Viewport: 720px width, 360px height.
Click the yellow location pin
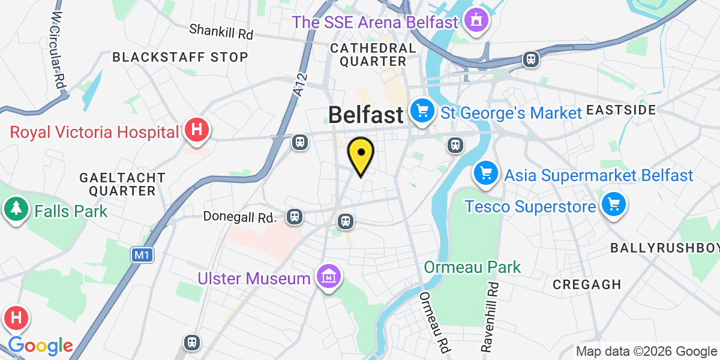coord(361,154)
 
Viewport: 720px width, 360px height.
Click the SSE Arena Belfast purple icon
coord(477,22)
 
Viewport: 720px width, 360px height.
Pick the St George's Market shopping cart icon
coord(422,112)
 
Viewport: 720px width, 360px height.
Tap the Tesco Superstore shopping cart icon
coord(613,206)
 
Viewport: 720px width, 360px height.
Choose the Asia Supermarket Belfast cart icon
coord(486,174)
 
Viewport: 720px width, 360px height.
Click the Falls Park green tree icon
coord(15,210)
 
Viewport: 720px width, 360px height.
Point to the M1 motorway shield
coord(142,255)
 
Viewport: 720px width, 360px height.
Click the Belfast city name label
coord(365,114)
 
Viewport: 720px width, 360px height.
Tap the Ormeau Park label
coord(473,266)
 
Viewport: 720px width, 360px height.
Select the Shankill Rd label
coord(221,31)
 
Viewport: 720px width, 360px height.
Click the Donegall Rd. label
coord(240,216)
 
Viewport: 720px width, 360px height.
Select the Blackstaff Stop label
coord(180,57)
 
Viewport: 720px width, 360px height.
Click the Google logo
coord(40,346)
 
